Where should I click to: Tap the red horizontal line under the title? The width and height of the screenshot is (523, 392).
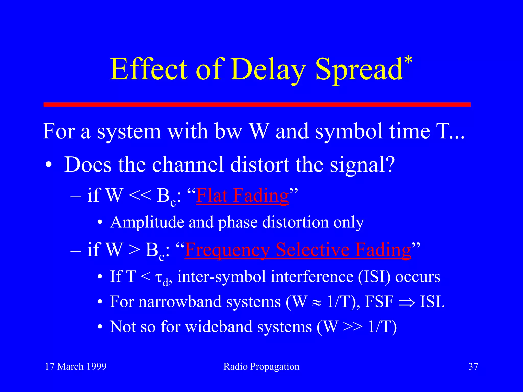click(257, 104)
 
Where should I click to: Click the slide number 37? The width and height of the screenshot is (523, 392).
click(473, 366)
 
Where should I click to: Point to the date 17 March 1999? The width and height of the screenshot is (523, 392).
click(76, 366)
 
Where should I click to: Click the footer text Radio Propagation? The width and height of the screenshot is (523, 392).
click(261, 366)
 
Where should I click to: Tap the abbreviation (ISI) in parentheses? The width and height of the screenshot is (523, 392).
click(374, 277)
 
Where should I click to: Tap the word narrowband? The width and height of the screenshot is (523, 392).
click(180, 302)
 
